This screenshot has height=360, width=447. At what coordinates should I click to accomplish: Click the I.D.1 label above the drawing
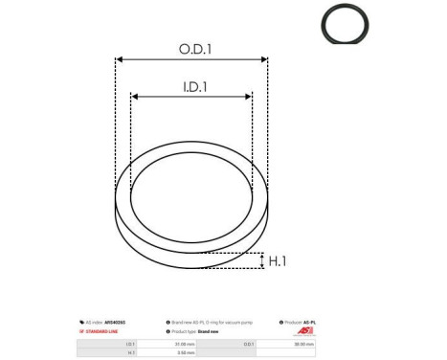coord(191,86)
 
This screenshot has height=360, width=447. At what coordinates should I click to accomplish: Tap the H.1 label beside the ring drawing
coord(278,260)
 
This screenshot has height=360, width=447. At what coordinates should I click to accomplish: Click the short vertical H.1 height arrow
coord(261,260)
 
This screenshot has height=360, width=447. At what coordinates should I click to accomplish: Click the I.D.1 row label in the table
coord(127,344)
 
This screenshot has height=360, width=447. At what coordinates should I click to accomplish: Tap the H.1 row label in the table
coord(127,353)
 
